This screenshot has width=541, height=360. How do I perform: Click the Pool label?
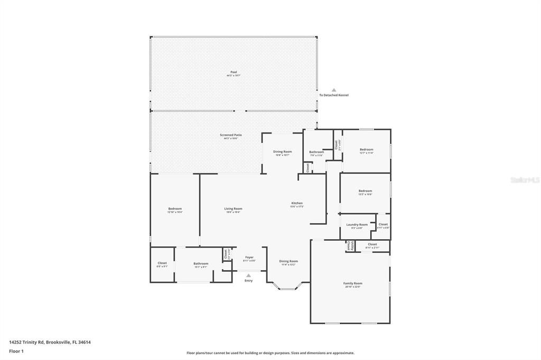click(233, 72)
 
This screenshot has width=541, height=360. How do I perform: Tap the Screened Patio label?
click(231, 135)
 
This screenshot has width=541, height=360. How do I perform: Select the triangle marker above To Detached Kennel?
click(333, 90)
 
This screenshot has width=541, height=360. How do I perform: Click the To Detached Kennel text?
click(333, 96)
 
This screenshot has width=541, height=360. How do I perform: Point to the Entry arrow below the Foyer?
click(248, 275)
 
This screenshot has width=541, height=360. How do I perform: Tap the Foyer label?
click(249, 258)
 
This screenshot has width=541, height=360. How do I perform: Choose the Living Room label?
click(233, 209)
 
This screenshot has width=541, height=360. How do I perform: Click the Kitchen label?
click(297, 204)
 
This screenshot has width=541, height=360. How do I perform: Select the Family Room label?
click(353, 283)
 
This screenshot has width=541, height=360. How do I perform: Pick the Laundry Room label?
click(357, 225)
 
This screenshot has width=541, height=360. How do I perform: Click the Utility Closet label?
click(349, 246)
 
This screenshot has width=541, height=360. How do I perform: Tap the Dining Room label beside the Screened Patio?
click(282, 152)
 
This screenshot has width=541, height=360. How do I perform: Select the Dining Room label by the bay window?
click(288, 261)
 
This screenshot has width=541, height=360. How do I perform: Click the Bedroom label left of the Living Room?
click(175, 209)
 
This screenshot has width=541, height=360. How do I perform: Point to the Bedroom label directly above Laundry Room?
click(365, 191)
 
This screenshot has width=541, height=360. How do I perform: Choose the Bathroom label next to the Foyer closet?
click(201, 264)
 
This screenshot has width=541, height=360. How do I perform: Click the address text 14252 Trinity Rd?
click(50, 342)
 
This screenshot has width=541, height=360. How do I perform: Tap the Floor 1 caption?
click(16, 351)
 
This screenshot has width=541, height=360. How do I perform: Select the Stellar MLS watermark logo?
click(525, 180)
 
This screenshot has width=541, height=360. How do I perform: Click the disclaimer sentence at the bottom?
click(270, 353)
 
